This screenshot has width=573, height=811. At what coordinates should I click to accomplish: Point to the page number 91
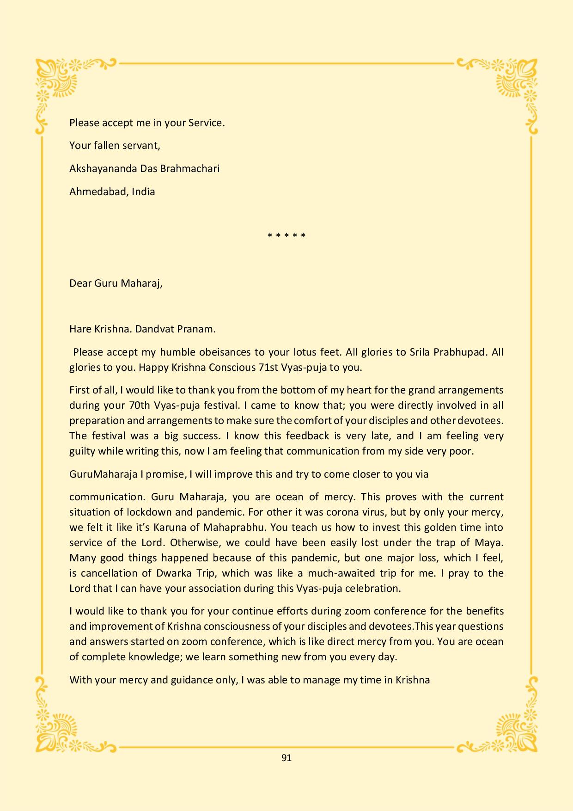(286, 758)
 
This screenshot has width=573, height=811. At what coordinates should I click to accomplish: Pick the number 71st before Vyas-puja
(267, 368)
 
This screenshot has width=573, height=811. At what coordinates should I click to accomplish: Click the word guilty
(82, 451)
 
